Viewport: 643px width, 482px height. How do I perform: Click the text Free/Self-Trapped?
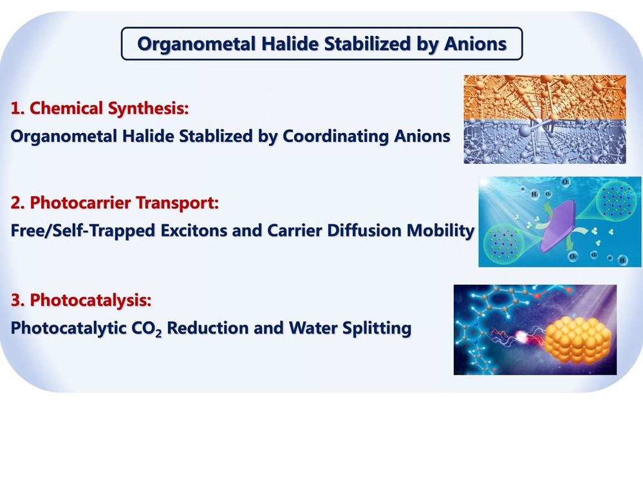82,231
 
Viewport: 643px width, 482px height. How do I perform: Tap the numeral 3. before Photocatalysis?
17,300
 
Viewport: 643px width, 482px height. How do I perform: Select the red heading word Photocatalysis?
91,301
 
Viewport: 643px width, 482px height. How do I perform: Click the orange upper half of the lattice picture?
545,98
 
